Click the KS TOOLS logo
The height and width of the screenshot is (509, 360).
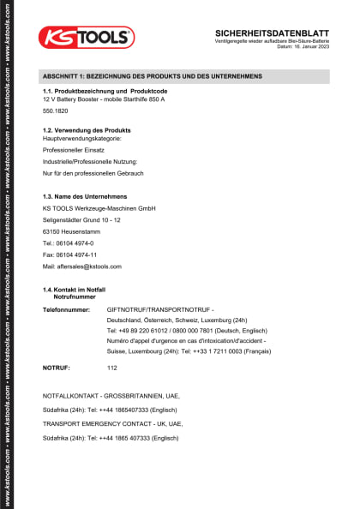coord(86,37)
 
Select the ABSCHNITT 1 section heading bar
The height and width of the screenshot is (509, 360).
coord(184,76)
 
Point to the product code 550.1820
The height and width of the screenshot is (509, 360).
coord(56,111)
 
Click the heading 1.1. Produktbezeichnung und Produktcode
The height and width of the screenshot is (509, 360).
coord(105,91)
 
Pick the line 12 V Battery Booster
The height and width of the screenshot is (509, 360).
coord(104,99)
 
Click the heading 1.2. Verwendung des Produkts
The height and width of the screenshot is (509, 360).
coord(87,129)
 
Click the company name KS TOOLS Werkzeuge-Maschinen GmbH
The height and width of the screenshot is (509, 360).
coord(99,208)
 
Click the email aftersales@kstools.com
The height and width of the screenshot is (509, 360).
coord(82,266)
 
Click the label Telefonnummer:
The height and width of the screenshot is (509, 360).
coord(66,308)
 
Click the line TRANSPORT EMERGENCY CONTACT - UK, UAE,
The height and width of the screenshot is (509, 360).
coord(112,423)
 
